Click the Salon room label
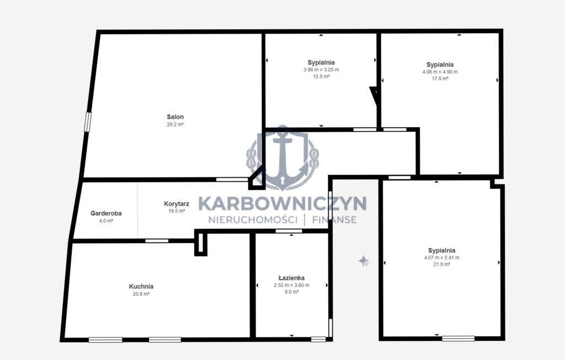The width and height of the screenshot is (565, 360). point(175,117)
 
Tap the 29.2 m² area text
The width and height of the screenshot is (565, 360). point(175,124)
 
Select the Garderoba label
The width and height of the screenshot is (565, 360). point(106,213)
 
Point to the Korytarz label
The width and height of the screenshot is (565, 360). point(177,204)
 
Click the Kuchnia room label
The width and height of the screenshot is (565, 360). point(141,287)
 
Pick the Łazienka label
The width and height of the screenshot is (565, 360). point(291,278)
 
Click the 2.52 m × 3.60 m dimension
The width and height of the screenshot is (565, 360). point(291,285)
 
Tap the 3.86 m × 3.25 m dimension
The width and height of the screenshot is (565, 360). point(321,70)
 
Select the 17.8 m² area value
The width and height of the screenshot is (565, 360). point(440,78)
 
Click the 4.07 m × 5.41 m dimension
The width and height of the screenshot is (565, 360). point(442,257)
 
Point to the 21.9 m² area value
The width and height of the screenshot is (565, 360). point(442,264)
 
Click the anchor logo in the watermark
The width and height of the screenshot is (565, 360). point(283,157)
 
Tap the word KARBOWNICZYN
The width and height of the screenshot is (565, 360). point(282,203)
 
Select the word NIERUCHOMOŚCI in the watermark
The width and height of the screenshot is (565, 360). point(253,219)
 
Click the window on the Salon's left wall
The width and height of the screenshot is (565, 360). point(88,122)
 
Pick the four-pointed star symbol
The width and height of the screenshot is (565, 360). point(364,261)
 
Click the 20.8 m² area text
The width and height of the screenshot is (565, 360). point(141,294)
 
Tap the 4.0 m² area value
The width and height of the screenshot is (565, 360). point(106,221)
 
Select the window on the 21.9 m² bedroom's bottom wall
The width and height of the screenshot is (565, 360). point(459,338)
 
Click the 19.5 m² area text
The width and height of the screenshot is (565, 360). point(177,211)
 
